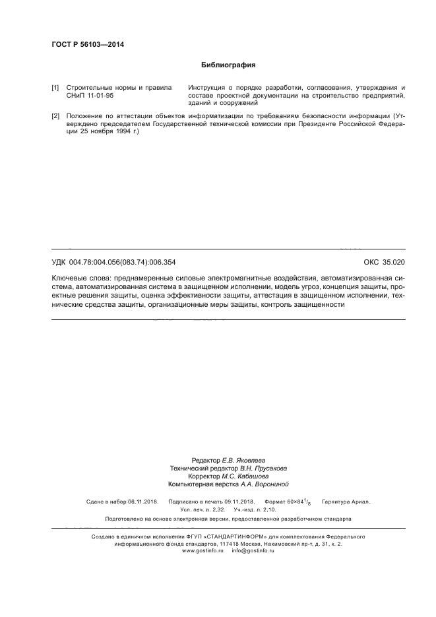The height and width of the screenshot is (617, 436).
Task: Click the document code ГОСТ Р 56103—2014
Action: (x=88, y=45)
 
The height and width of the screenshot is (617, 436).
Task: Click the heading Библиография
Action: (x=228, y=65)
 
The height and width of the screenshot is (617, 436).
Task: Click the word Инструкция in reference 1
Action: (x=207, y=88)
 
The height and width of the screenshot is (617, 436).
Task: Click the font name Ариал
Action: (x=360, y=502)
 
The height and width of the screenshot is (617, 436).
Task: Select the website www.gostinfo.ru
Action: (x=203, y=550)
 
